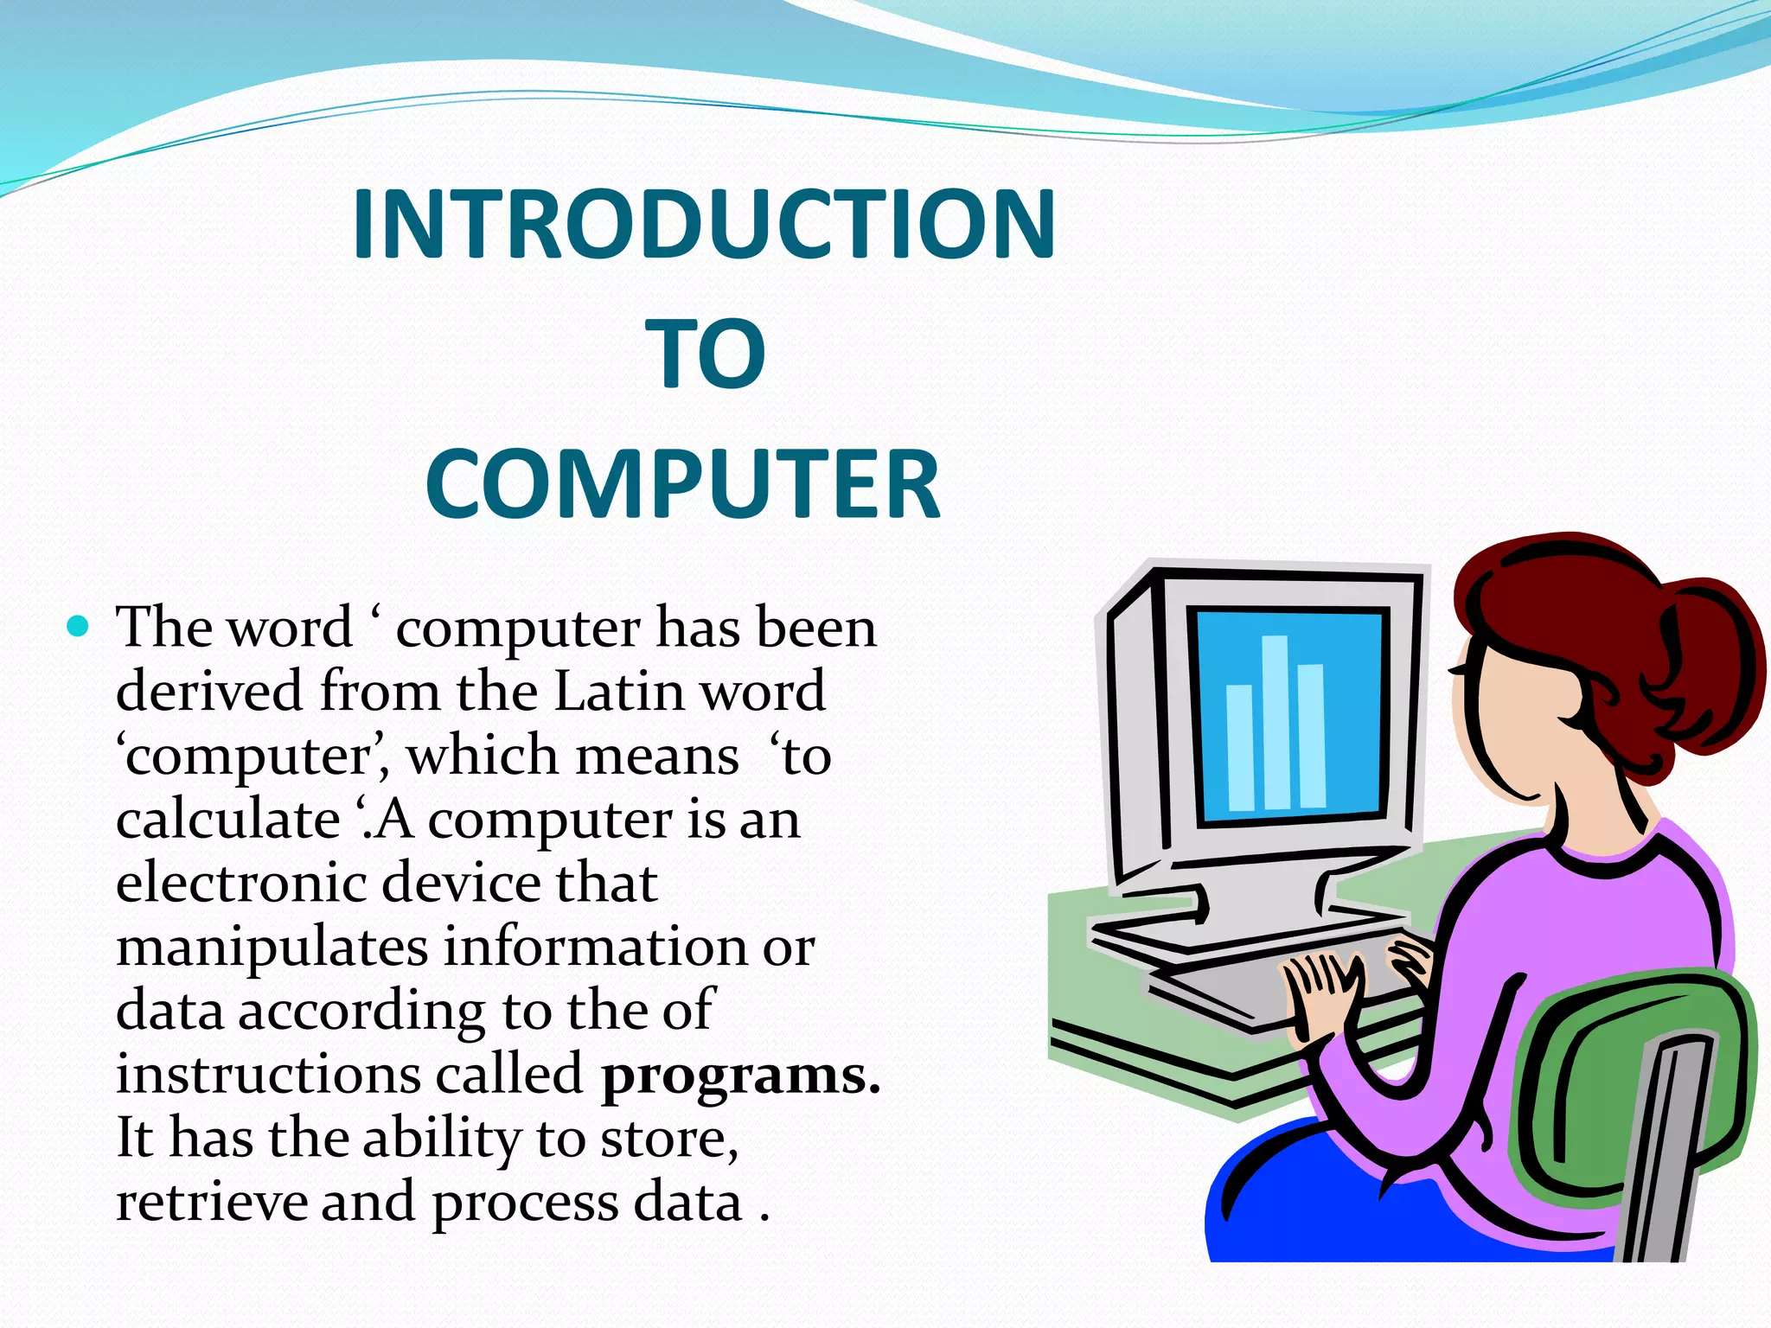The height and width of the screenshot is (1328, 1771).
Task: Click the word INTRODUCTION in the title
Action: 703,225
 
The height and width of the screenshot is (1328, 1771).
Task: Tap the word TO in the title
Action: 705,354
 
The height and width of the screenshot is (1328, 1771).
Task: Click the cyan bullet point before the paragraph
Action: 78,625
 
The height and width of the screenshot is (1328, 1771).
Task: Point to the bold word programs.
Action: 740,1076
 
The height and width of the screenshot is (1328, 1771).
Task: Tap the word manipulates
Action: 272,948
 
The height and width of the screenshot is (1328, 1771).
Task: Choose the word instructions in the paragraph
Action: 267,1075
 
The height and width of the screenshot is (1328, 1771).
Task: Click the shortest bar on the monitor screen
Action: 1240,748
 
